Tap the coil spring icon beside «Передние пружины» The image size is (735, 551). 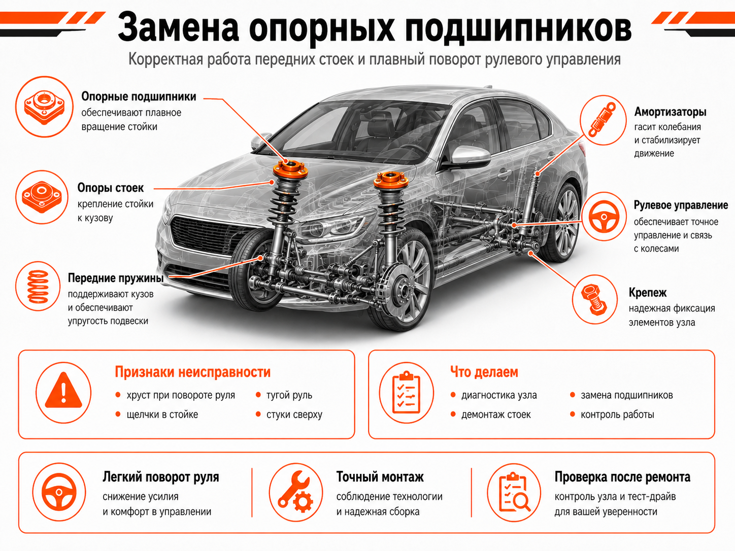pyautogui.click(x=38, y=286)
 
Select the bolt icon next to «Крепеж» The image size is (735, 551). pyautogui.click(x=594, y=299)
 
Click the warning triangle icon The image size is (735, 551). pyautogui.click(x=63, y=390)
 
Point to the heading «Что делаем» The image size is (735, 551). pyautogui.click(x=484, y=372)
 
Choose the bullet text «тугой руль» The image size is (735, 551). pyautogui.click(x=289, y=395)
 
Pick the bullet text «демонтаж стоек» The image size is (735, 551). pyautogui.click(x=496, y=415)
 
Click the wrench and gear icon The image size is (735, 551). pyautogui.click(x=295, y=492)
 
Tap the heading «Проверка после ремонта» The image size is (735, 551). pyautogui.click(x=622, y=477)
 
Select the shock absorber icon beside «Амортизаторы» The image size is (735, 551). pyautogui.click(x=603, y=120)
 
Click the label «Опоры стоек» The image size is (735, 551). pyautogui.click(x=111, y=188)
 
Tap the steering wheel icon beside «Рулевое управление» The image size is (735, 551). pyautogui.click(x=604, y=216)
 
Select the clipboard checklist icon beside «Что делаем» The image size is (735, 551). pyautogui.click(x=406, y=392)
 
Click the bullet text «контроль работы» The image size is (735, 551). pyautogui.click(x=617, y=415)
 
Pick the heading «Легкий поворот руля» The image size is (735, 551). pyautogui.click(x=161, y=477)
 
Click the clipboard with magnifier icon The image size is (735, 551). pyautogui.click(x=514, y=492)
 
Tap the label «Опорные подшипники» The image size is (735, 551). pyautogui.click(x=139, y=97)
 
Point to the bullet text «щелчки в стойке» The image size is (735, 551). pyautogui.click(x=162, y=415)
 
